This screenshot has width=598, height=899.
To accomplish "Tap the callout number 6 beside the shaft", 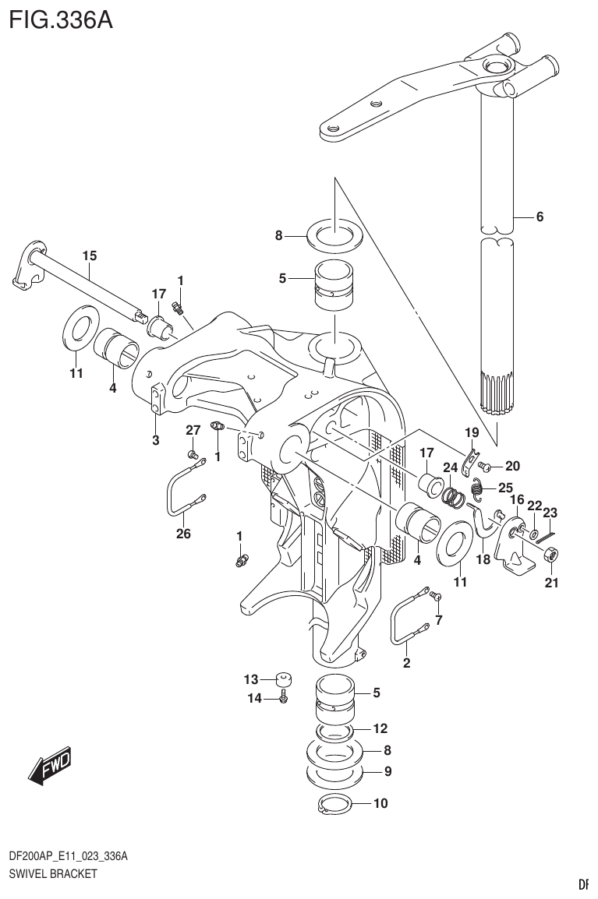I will coord(539,217).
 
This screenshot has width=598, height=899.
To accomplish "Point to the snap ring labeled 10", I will coord(336,806).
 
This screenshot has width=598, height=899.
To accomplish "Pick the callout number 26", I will coord(183,534).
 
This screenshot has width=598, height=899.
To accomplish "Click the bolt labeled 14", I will coord(285,699).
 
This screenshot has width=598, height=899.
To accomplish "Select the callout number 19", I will coord(471,432).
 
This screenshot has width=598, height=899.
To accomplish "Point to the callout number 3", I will coord(155,441).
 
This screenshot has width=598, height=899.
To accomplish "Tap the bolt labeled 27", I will coord(191,453).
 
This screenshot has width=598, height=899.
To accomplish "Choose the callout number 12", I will coord(380,729).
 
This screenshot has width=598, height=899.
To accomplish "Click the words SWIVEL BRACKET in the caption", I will coord(53,873).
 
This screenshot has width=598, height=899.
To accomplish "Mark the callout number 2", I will coord(406,664).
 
